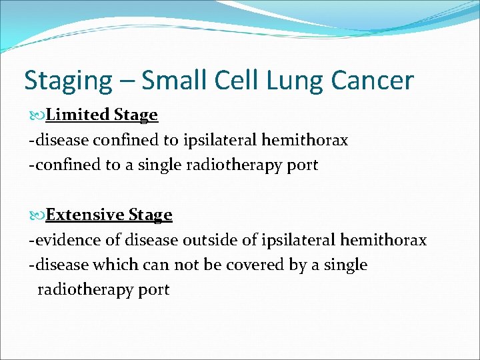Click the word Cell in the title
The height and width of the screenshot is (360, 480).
click(x=232, y=81)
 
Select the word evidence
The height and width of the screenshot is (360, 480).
click(x=62, y=240)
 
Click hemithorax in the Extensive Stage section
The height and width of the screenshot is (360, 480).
click(x=383, y=240)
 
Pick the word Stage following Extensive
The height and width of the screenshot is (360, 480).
click(x=150, y=215)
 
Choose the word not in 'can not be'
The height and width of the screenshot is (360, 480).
click(x=186, y=265)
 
